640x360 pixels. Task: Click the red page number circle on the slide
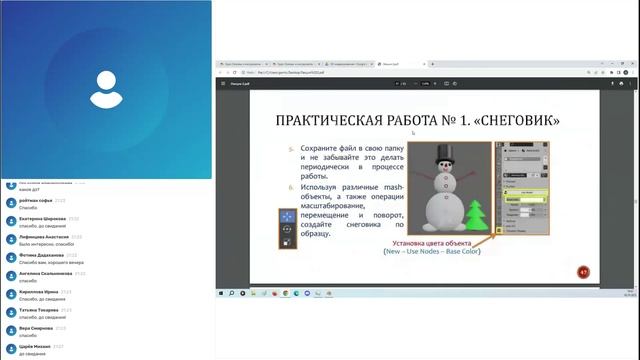[583, 271]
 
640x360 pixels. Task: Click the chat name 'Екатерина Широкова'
[43, 218]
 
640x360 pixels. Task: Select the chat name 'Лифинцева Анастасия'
[45, 236]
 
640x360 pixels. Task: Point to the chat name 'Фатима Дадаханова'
[43, 254]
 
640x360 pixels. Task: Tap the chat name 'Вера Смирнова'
[37, 327]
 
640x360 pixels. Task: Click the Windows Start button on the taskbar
[221, 293]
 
